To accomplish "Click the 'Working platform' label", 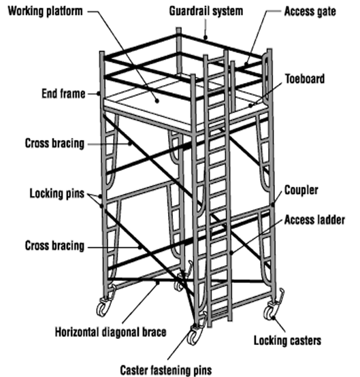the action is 45,12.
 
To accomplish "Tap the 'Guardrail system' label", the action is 206,12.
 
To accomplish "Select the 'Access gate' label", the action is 310,12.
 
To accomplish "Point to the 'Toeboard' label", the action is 305,79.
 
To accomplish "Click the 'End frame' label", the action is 63,93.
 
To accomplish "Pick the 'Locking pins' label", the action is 57,193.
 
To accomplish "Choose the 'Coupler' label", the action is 301,190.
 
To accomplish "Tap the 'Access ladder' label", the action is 314,220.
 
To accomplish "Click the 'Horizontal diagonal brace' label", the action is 111,332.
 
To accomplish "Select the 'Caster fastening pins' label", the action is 166,370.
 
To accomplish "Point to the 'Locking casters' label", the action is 287,341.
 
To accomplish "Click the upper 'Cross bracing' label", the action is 54,144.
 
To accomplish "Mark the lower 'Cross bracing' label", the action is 54,246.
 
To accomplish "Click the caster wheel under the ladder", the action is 193,336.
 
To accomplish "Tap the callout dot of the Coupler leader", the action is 273,205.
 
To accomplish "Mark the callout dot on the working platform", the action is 157,101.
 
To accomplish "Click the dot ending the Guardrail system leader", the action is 205,37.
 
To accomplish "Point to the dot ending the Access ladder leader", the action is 231,252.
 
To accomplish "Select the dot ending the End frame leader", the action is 99,93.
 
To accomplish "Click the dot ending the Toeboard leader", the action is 250,105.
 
